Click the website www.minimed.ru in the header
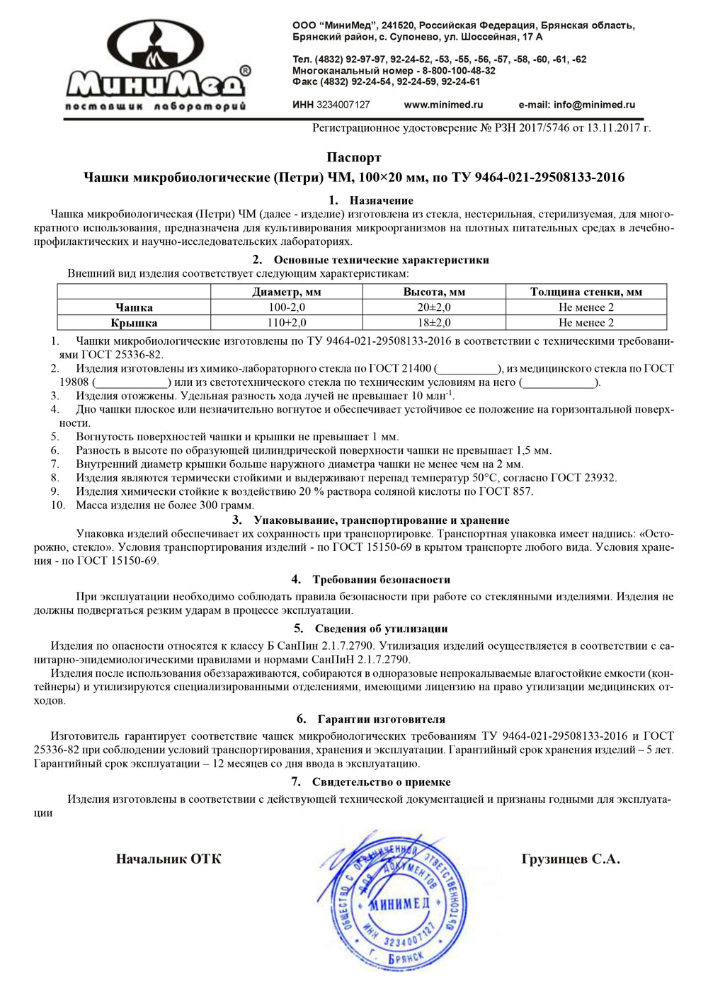[443, 105]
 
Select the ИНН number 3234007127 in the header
[343, 105]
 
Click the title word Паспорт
[354, 158]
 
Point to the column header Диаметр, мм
[287, 292]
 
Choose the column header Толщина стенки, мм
[586, 292]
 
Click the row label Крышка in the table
[134, 323]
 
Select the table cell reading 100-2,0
[287, 307]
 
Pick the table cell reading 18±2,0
[434, 323]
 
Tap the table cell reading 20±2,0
[434, 307]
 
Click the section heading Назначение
[381, 200]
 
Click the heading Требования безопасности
[381, 580]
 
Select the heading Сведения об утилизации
[381, 629]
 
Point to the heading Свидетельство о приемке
[381, 782]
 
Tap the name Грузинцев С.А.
[571, 859]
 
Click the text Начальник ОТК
[169, 859]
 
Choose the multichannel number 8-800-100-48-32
[459, 71]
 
